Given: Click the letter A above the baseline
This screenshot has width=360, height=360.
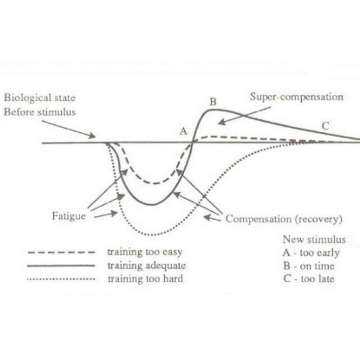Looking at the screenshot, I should pos(183,131).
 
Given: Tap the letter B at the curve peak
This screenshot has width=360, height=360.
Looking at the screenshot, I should pos(213,102).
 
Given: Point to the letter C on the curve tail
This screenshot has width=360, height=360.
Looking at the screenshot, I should pos(325,126).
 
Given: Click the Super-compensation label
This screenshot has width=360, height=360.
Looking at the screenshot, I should pos(297,97).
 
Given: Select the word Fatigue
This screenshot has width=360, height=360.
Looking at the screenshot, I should pos(68,217).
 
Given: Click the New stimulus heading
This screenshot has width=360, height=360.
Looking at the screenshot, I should pos(314,240).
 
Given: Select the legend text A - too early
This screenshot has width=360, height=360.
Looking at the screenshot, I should pos(311,252).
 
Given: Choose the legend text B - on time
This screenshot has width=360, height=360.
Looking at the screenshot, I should pos(309,266).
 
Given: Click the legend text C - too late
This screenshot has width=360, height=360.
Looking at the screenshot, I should pos(308,279).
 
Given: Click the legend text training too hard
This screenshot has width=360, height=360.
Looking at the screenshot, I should pos(145,279).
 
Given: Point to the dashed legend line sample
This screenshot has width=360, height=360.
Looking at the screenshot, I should pos(61,252).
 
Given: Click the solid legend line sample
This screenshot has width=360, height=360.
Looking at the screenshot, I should pos(61,266).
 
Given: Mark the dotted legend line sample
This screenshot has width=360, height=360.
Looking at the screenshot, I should pos(61,279).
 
